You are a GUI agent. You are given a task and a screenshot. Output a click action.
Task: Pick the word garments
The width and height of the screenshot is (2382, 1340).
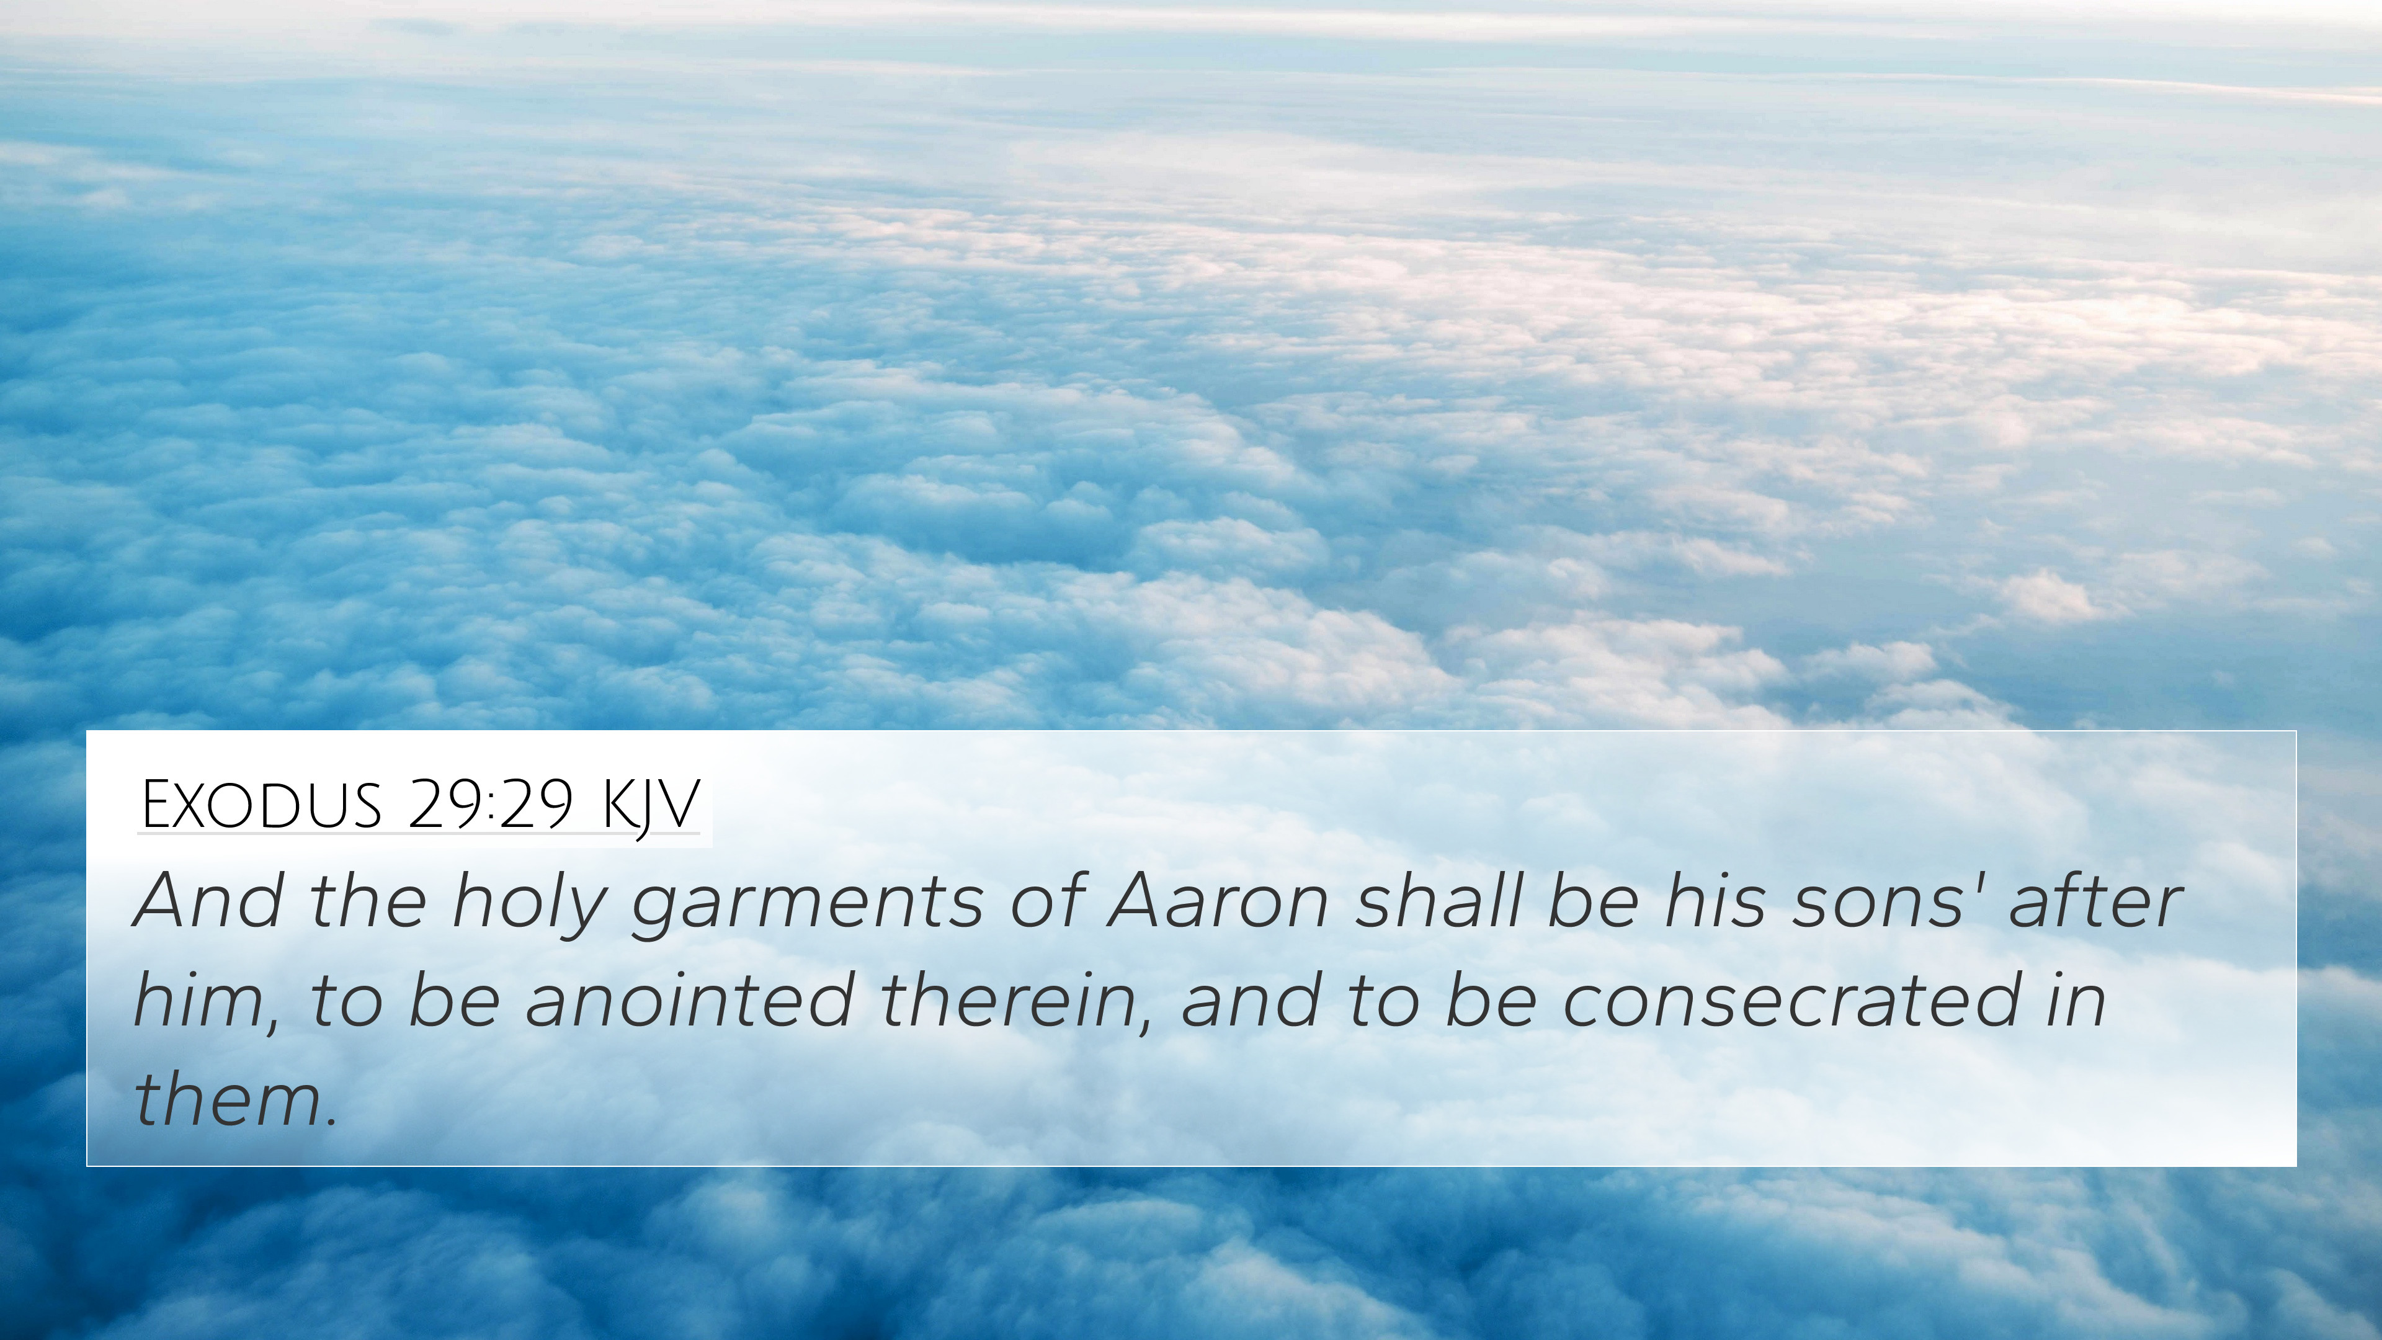click(807, 907)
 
